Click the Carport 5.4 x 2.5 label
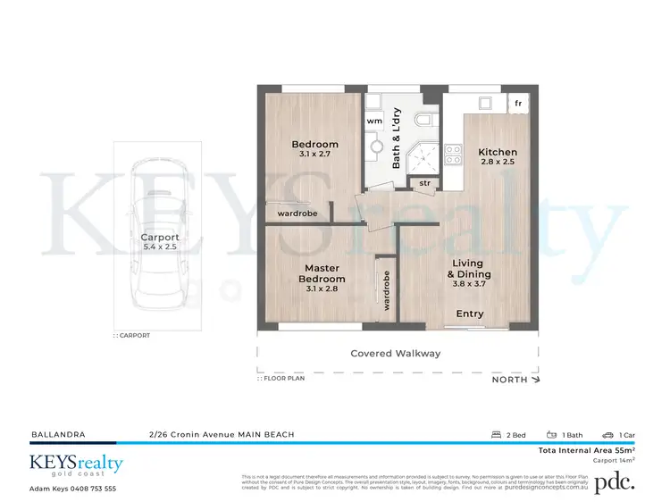click(x=160, y=244)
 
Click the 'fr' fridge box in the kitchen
click(x=518, y=104)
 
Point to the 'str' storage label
click(x=424, y=183)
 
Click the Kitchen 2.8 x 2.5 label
click(x=498, y=157)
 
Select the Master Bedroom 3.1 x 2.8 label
click(x=322, y=273)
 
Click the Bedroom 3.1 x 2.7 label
click(x=315, y=149)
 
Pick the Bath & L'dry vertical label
click(x=397, y=138)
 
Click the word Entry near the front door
click(x=470, y=314)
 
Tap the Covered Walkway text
click(x=396, y=353)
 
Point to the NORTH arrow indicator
click(x=516, y=380)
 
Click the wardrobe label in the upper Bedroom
click(x=299, y=213)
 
